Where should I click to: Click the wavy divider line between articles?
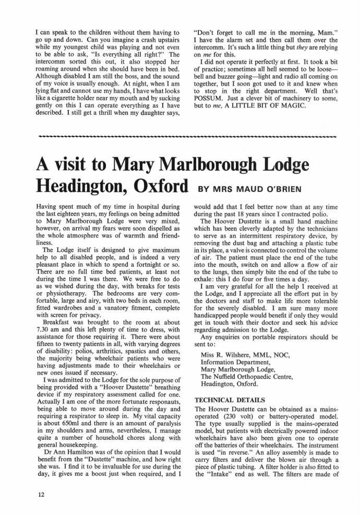180,138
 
